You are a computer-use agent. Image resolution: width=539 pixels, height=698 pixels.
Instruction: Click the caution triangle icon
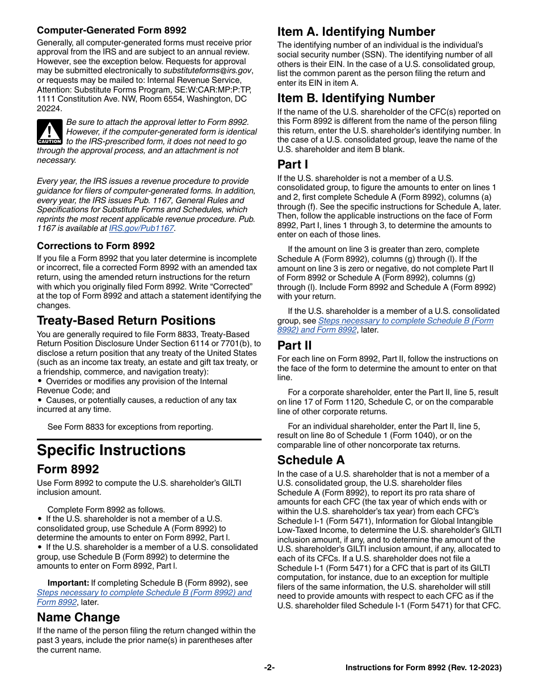[50, 132]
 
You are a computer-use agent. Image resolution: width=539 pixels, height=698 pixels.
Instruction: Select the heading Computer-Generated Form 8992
[111, 31]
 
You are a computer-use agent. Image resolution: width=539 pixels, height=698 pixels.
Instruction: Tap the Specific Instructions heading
[111, 450]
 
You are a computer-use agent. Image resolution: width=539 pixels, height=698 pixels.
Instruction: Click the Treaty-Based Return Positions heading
[126, 321]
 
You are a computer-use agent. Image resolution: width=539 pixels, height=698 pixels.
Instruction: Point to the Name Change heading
[78, 617]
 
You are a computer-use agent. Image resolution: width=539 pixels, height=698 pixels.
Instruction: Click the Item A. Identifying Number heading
[356, 32]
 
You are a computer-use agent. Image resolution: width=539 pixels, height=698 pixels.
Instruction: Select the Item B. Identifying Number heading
[356, 98]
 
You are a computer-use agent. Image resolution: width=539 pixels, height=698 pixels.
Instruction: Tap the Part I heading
[293, 165]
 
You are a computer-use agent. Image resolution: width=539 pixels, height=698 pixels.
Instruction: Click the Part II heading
[294, 346]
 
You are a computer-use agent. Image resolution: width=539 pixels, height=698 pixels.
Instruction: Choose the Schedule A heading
[311, 460]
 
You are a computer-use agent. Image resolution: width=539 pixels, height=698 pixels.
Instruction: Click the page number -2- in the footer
[269, 668]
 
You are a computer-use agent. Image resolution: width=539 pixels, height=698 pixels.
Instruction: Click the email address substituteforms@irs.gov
[208, 71]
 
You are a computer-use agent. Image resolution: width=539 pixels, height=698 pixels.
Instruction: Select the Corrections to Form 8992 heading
[96, 246]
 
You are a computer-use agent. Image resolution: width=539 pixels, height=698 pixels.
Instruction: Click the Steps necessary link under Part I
[405, 321]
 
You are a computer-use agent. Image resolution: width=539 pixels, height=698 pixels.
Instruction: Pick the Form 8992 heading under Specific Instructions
[68, 469]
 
